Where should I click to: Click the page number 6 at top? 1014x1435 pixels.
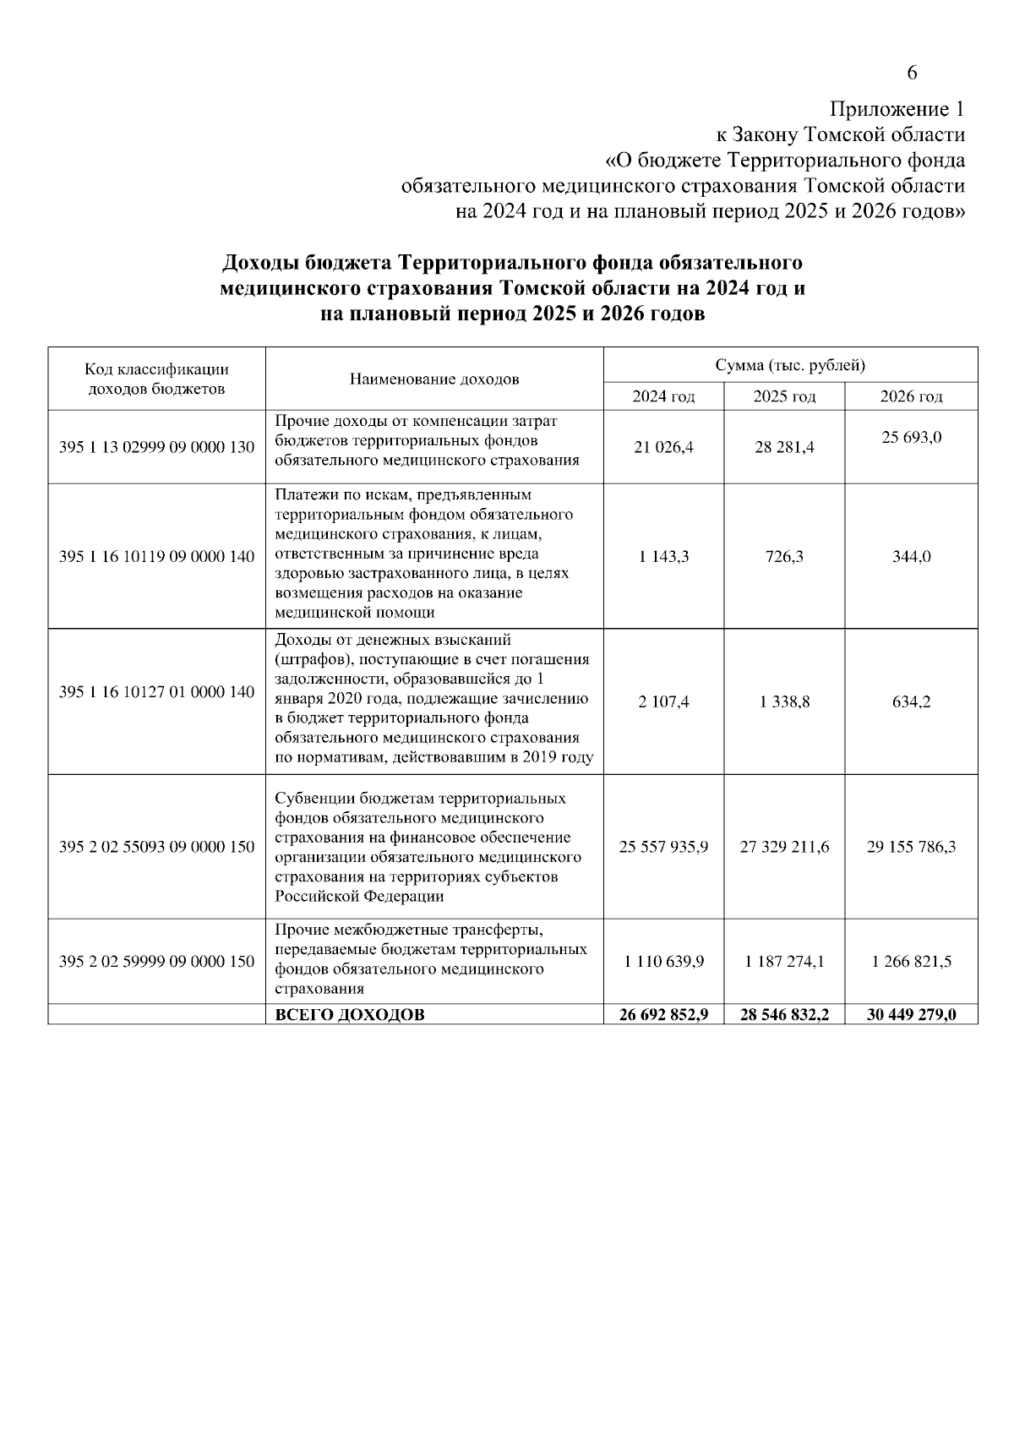(912, 73)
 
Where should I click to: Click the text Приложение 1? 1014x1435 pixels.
(897, 110)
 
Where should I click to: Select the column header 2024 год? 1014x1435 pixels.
(663, 396)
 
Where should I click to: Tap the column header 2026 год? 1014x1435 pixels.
(911, 396)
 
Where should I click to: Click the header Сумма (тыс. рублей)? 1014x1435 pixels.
(790, 365)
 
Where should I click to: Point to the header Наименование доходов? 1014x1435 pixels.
(434, 379)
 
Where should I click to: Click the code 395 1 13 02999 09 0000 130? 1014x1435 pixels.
(156, 447)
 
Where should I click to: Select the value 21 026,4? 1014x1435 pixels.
(663, 448)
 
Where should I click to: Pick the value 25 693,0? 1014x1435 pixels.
(911, 438)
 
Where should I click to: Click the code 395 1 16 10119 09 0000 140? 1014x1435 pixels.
(156, 556)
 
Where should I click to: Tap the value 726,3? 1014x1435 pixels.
(784, 557)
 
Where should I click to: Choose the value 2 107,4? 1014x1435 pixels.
(663, 701)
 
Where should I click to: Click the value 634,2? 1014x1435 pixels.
(911, 701)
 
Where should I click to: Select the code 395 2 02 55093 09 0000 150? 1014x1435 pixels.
(156, 847)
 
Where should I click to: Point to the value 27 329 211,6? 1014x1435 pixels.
(784, 847)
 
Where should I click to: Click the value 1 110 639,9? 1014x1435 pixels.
(663, 962)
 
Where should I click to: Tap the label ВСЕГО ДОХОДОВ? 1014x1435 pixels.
(350, 1015)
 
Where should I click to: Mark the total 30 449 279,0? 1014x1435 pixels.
(911, 1015)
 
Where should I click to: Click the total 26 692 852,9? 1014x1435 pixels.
(663, 1015)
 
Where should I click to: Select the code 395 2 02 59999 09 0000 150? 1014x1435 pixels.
(156, 962)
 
